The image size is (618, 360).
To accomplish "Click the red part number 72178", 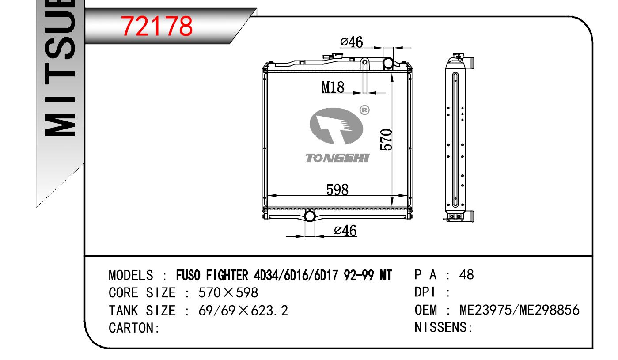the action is click(157, 26).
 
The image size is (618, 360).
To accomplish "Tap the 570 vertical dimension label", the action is click(386, 140).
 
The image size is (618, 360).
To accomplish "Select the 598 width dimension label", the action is click(337, 190).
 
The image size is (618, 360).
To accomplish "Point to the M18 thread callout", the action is click(333, 87).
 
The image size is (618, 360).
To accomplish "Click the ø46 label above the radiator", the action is click(352, 42).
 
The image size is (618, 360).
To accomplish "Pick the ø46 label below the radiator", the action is click(345, 230).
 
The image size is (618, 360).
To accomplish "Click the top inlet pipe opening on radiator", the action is click(388, 63).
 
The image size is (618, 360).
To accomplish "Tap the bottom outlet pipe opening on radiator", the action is click(310, 216).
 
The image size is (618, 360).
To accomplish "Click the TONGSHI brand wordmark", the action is click(337, 158).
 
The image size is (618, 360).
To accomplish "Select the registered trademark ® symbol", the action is click(364, 110).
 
